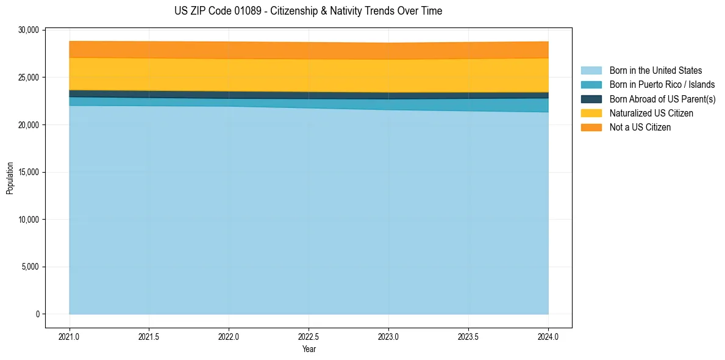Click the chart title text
point(308,11)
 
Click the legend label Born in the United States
point(655,71)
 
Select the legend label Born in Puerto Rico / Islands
point(662,85)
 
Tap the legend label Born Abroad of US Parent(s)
point(662,99)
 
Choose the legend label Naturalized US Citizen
point(651,113)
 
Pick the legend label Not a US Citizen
point(640,128)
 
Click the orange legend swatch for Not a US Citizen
point(591,128)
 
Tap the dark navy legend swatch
point(591,99)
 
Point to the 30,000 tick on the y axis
point(29,30)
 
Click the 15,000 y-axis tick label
point(29,172)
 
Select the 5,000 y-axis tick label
point(31,267)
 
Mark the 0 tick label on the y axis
point(37,314)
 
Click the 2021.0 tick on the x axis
point(70,336)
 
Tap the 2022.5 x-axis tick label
point(309,336)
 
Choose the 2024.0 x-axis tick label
point(548,336)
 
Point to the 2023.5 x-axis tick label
point(468,336)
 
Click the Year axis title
point(309,349)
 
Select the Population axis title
point(10,178)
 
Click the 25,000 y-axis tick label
point(29,77)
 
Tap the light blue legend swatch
point(591,71)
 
